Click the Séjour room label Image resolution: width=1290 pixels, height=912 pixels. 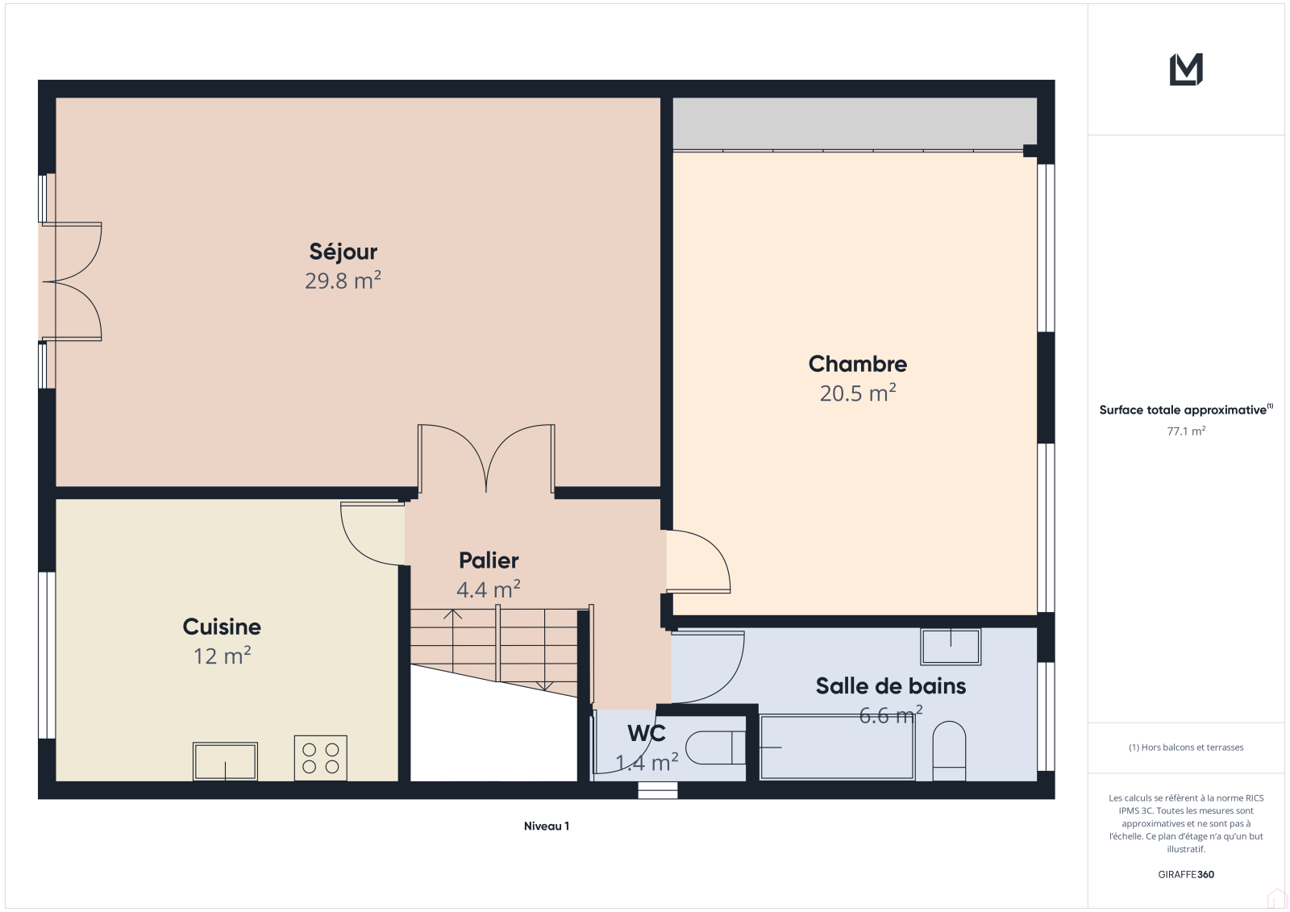click(343, 252)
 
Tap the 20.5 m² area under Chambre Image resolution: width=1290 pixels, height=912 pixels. click(858, 393)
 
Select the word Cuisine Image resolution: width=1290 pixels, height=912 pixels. click(222, 627)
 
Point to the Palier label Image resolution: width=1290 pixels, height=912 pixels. click(489, 560)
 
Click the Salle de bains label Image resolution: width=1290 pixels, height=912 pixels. click(891, 686)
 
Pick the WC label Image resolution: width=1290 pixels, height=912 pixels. click(647, 734)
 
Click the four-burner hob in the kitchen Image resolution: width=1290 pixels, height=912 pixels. click(321, 758)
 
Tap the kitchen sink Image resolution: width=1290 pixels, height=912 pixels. click(225, 762)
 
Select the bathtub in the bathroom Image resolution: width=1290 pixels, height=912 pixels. click(838, 748)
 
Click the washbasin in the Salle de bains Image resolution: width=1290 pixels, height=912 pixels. click(951, 647)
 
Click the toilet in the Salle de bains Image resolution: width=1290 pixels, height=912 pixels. click(949, 752)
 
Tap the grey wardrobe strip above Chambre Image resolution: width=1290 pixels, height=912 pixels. click(855, 123)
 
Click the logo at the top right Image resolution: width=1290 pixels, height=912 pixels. click(1186, 69)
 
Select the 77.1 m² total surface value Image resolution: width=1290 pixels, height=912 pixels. click(1186, 431)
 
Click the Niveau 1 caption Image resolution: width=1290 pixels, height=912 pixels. click(547, 827)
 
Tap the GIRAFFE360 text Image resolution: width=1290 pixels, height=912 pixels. click(1186, 874)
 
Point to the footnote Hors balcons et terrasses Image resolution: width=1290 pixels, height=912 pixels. click(1186, 748)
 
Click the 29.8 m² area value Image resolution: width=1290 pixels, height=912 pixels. click(343, 281)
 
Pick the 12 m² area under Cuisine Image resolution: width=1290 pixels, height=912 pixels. click(223, 656)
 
